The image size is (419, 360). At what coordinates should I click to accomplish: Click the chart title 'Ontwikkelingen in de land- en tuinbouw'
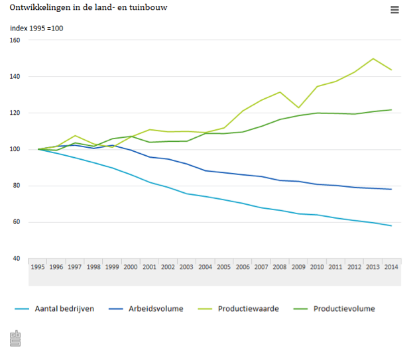[88, 8]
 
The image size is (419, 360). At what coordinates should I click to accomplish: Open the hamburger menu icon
[394, 9]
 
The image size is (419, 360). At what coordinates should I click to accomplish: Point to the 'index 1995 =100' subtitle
[37, 28]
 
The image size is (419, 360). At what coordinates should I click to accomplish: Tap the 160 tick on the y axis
[15, 40]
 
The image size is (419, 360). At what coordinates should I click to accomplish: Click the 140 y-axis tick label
[15, 77]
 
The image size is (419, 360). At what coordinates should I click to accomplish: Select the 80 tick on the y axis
[15, 186]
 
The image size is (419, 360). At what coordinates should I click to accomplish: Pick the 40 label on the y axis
[15, 259]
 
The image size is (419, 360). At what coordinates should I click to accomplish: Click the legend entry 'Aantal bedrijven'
[65, 308]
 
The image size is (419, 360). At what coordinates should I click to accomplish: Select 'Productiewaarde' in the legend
[249, 308]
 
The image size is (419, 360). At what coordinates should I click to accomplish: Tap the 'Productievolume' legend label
[343, 308]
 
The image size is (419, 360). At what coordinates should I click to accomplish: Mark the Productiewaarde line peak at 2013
[373, 58]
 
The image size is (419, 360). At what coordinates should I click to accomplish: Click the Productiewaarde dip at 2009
[299, 107]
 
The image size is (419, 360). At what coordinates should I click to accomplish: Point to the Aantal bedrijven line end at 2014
[392, 226]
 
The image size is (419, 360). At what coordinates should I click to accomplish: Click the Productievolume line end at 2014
[392, 110]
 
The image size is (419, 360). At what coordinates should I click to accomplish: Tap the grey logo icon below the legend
[16, 338]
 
